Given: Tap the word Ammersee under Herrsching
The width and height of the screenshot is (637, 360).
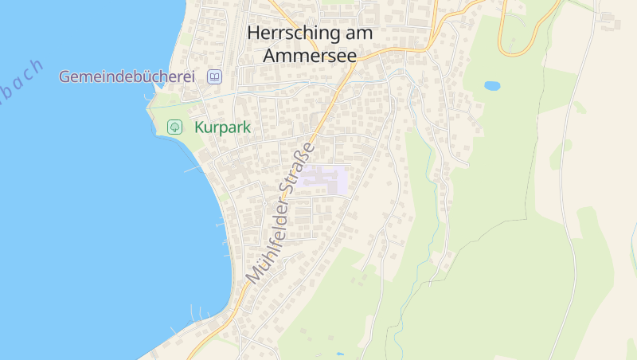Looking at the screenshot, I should tap(309, 57).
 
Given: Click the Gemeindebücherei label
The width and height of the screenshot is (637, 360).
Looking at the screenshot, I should tap(127, 77).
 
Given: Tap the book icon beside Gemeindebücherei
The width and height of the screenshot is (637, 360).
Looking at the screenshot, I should tap(214, 77).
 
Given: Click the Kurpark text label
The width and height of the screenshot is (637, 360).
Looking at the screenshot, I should tap(222, 127).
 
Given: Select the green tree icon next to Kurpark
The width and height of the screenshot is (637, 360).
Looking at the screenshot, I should tap(175, 127).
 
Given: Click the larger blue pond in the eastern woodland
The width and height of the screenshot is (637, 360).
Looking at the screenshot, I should tap(492, 85).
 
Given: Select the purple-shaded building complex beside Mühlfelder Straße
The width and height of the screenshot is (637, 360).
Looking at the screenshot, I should tap(325, 179).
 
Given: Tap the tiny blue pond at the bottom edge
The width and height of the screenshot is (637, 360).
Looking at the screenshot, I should tap(340, 354).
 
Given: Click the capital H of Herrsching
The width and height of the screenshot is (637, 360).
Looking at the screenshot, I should tap(254, 33).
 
